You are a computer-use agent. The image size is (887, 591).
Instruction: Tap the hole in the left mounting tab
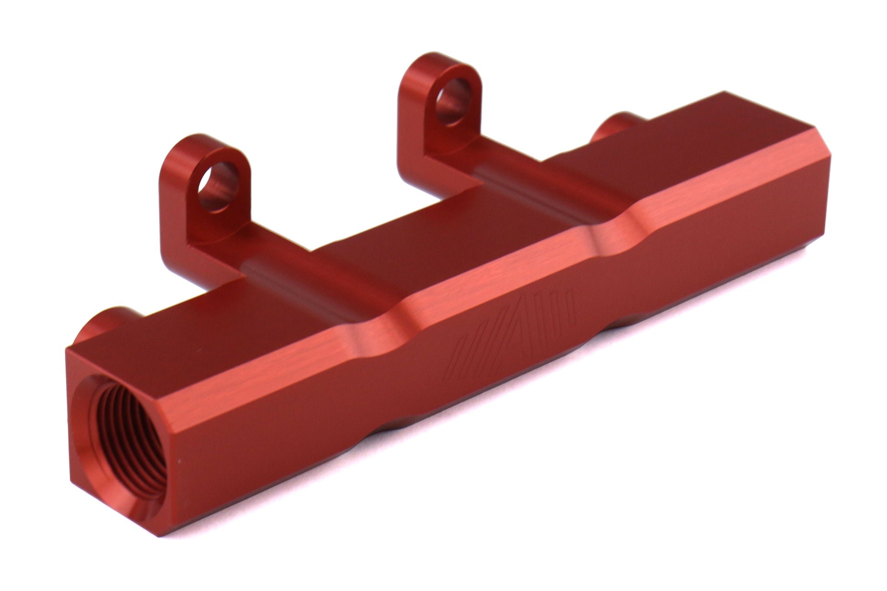coord(218,186)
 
